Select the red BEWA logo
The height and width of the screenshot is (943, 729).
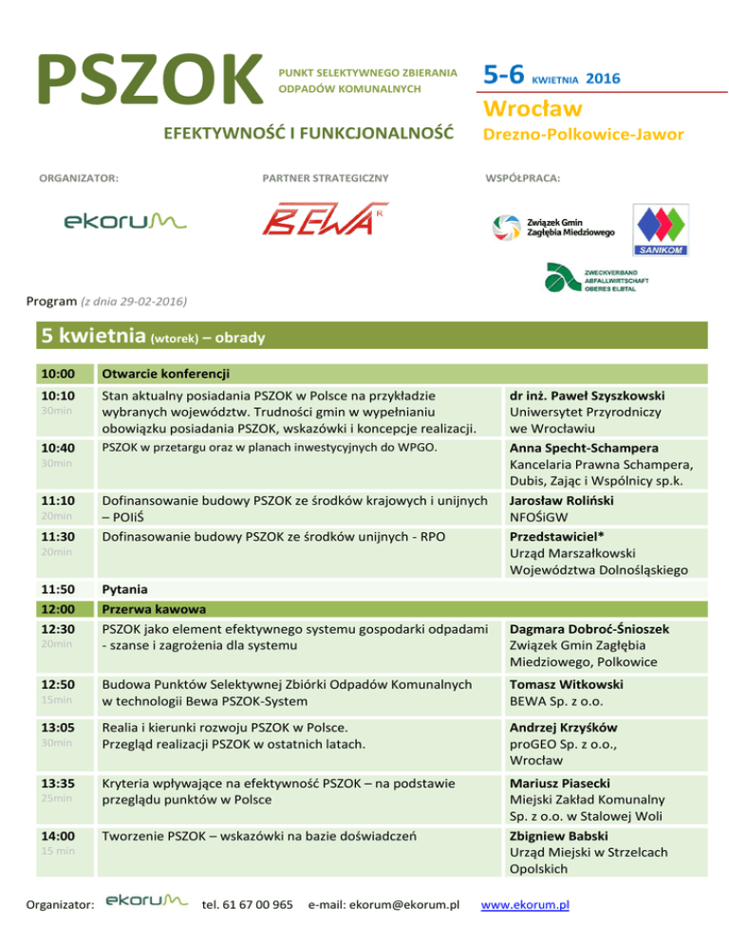point(325,220)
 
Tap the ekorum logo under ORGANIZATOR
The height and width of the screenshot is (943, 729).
point(126,221)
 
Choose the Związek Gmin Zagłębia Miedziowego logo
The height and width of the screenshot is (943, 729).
point(553,228)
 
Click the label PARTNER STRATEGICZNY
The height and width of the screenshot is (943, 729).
point(325,177)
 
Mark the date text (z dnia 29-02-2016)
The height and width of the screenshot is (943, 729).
point(125,302)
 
